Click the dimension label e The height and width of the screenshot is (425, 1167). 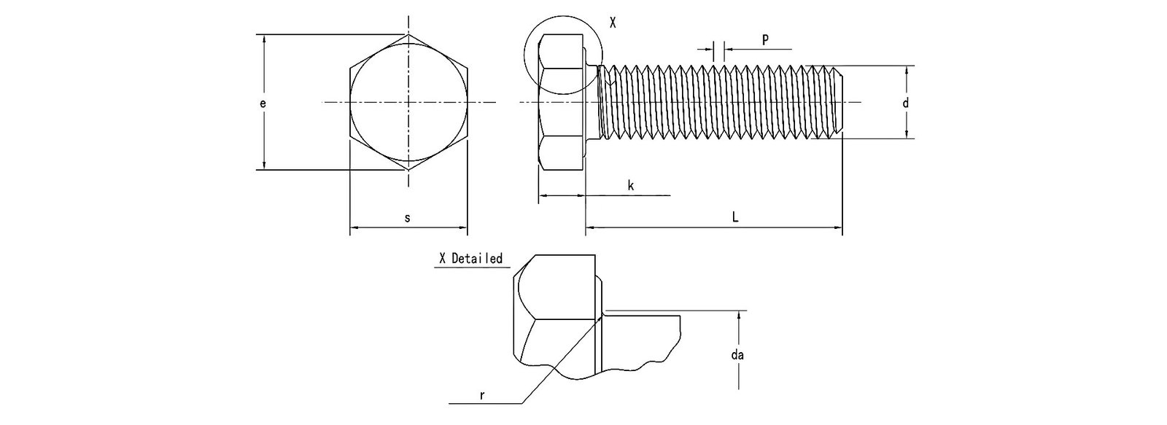263,104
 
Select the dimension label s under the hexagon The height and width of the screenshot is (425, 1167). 408,218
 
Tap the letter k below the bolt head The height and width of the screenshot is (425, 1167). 631,186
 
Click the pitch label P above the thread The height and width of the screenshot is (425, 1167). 764,40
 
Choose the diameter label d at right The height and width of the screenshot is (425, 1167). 906,104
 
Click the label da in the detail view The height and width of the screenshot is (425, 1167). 737,355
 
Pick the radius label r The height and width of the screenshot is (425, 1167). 482,396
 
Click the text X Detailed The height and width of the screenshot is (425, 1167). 470,259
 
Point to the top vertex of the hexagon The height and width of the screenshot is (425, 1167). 408,34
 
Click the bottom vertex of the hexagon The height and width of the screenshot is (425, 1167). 408,171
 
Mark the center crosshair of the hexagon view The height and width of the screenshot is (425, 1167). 408,102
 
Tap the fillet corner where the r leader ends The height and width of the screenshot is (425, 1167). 602,316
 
